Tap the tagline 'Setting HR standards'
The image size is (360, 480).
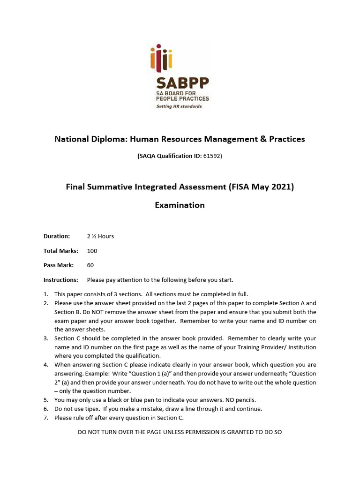(179, 106)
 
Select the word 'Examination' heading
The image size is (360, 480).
(180, 205)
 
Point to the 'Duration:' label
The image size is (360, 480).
(57, 236)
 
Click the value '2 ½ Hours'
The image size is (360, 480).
(100, 236)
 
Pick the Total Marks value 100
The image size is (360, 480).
(92, 251)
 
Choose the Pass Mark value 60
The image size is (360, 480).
(90, 265)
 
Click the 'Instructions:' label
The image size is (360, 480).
(60, 280)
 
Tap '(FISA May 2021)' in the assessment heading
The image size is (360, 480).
(261, 187)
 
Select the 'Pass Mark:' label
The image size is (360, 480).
(59, 265)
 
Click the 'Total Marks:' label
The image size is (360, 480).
(61, 251)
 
